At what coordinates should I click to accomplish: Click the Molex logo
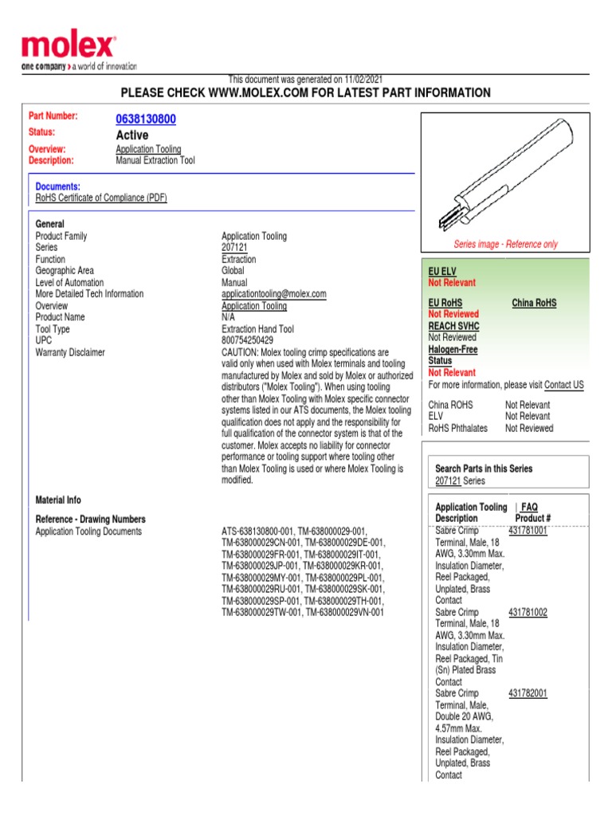tap(69, 48)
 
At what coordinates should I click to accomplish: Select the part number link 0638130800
tap(146, 120)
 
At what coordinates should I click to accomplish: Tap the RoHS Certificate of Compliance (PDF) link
tap(101, 198)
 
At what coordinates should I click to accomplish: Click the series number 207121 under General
tap(234, 248)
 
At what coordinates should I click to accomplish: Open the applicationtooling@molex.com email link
tap(273, 294)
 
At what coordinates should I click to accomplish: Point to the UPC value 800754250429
tap(247, 340)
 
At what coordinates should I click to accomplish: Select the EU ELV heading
tap(442, 272)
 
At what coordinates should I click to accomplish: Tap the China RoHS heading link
tap(534, 303)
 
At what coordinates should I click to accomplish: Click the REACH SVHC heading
tap(453, 326)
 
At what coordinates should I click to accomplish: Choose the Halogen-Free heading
tap(453, 349)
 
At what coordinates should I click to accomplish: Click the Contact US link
tap(563, 385)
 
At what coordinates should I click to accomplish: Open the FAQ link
tap(529, 507)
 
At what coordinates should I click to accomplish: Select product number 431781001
tap(528, 530)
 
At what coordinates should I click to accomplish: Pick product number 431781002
tap(528, 612)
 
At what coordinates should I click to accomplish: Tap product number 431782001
tap(528, 693)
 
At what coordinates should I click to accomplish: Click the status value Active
tap(131, 135)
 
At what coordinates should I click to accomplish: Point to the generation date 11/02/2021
tap(363, 80)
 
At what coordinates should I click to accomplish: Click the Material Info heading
tap(58, 500)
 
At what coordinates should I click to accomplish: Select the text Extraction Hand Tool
tap(257, 329)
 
